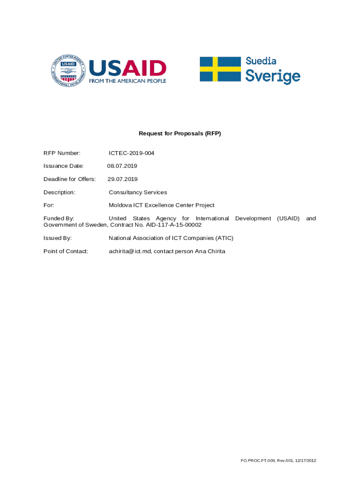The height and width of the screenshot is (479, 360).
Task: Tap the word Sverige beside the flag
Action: (273, 76)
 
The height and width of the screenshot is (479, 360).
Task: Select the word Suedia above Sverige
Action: (261, 61)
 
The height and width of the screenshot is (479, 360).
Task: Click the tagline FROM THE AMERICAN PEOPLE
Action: (128, 80)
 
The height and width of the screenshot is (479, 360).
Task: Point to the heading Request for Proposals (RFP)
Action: (180, 133)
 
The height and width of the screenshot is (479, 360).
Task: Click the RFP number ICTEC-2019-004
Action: (131, 153)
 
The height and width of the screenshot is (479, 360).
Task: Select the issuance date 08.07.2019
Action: (122, 166)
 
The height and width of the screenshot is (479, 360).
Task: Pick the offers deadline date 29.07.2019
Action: (122, 179)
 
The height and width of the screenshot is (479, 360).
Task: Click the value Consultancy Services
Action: (137, 192)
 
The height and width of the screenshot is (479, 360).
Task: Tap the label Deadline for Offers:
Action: (70, 179)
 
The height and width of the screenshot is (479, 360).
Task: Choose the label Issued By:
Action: (58, 238)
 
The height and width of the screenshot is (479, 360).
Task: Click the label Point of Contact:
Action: (66, 251)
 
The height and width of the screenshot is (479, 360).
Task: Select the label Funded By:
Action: (59, 218)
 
